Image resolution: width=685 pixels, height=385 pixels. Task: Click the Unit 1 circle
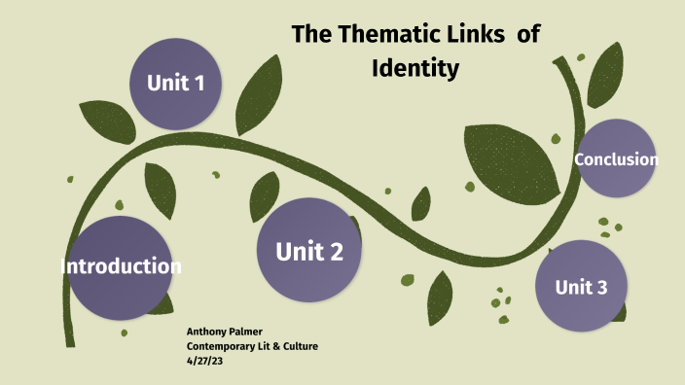pos(176,84)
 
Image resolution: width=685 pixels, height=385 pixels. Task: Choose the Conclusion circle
pos(615,159)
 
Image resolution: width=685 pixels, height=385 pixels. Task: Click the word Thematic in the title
pos(385,35)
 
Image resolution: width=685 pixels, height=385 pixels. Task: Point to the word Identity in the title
pos(415,69)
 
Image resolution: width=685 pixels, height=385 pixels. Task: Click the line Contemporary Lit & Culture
pos(252,346)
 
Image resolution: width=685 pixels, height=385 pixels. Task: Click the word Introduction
pos(121,265)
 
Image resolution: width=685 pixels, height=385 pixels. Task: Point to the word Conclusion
pos(616,159)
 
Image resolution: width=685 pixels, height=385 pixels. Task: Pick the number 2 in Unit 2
pos(336,253)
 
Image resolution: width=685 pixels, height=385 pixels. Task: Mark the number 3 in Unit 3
pos(601,287)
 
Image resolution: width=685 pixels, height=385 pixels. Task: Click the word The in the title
pos(312,35)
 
